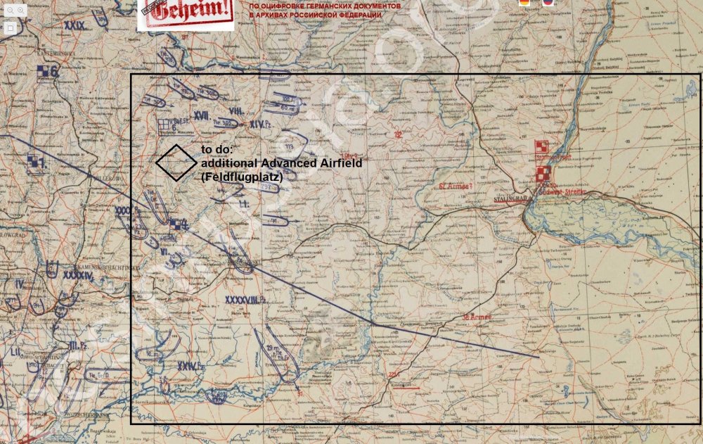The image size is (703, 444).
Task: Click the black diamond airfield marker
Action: point(176,163)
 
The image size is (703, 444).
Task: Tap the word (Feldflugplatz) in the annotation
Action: point(242,178)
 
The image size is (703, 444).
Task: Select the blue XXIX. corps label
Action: point(74,25)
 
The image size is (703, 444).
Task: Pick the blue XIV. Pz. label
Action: point(261,124)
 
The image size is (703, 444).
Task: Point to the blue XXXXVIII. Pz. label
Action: point(244,299)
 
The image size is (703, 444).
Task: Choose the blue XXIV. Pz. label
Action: point(191,366)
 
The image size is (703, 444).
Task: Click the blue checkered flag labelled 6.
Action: point(48,71)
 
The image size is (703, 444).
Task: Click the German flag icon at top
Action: point(524,3)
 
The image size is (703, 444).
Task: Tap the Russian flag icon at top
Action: point(548,3)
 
